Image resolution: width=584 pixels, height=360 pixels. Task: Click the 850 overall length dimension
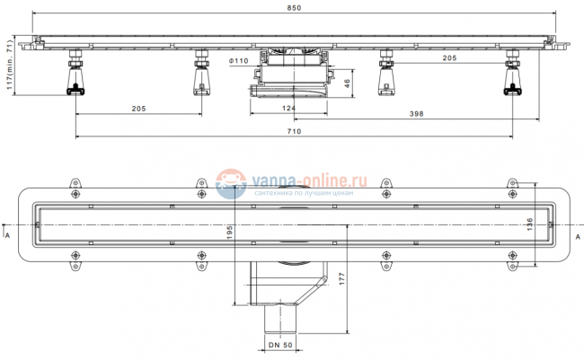tap(294, 8)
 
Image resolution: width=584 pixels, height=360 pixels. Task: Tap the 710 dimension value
tap(294, 131)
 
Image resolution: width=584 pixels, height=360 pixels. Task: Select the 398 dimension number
tap(416, 113)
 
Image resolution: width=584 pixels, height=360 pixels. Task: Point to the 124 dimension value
tap(288, 108)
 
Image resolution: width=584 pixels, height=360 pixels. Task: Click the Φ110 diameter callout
tap(238, 61)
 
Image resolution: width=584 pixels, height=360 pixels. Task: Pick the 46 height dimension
tap(347, 83)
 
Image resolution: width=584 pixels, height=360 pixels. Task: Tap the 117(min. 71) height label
tap(10, 65)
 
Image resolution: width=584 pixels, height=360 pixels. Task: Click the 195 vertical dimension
tap(229, 232)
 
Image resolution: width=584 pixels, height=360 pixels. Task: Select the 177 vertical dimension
tap(342, 279)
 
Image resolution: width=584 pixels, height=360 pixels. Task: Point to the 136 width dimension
tap(529, 224)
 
